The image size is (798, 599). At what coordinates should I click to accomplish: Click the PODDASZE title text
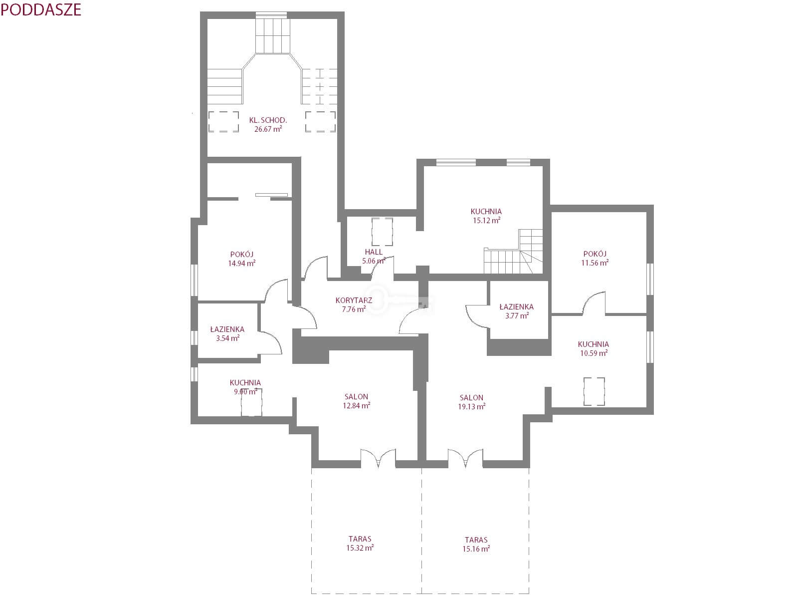41,10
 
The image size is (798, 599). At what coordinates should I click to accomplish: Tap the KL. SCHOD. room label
268,120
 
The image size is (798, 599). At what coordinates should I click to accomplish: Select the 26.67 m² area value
268,129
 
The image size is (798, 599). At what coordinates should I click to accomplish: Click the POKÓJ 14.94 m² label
242,259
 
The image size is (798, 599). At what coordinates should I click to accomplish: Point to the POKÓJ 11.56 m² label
595,258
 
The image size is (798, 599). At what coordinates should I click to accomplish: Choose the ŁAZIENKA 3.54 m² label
227,334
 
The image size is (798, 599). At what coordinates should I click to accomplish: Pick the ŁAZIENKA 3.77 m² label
517,311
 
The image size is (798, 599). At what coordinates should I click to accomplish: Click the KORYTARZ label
354,300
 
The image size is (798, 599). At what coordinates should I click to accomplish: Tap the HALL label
374,252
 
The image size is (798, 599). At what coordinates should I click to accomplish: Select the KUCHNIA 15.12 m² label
486,216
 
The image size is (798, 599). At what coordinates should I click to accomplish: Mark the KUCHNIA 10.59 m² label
594,348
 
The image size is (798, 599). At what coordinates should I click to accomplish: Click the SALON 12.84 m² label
356,401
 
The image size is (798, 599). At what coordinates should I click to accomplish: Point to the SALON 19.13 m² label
471,402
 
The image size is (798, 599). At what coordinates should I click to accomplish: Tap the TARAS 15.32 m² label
360,544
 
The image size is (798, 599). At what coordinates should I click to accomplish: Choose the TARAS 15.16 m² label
476,545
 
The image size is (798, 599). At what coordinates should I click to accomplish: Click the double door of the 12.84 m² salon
378,459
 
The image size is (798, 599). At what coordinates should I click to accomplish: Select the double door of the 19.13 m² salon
465,459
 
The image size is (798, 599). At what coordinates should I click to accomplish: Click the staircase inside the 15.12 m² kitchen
513,251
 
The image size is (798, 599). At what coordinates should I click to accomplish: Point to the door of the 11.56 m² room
594,302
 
